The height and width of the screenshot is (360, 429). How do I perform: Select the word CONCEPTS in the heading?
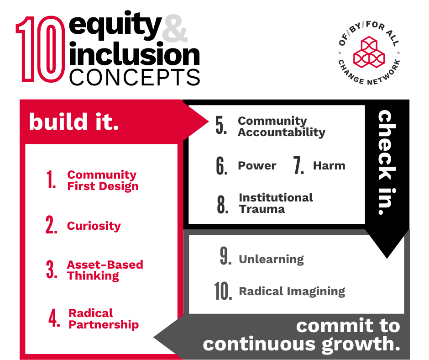[135, 77]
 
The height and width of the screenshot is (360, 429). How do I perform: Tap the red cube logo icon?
[370, 51]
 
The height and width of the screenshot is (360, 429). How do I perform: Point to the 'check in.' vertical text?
[387, 163]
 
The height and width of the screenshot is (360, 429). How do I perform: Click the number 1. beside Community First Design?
[51, 181]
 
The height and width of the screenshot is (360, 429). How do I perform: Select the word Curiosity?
[94, 226]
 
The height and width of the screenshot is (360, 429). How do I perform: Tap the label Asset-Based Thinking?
[105, 270]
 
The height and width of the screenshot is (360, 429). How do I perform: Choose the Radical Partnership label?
[104, 319]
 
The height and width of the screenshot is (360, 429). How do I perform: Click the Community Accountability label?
[281, 127]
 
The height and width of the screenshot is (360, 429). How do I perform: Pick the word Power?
[257, 166]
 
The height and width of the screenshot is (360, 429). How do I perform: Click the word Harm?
[329, 166]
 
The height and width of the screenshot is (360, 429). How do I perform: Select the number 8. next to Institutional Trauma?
[223, 204]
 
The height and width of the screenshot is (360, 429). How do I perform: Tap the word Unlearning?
[271, 259]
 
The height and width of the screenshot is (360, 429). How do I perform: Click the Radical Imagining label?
[292, 291]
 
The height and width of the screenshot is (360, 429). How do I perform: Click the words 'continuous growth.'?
[301, 344]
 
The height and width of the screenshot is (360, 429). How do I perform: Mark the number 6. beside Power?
[222, 166]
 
